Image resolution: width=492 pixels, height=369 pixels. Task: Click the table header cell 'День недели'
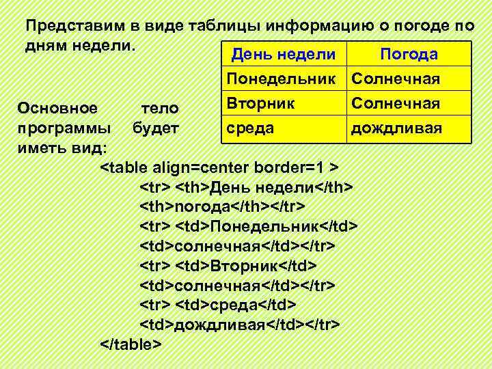pos(284,55)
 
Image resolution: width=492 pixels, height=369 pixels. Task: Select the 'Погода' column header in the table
pos(409,55)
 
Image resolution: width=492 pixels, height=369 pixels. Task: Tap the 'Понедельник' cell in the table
pos(284,79)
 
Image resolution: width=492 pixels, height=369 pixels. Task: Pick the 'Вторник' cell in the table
pos(262,104)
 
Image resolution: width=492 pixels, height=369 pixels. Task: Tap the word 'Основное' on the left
pos(57,108)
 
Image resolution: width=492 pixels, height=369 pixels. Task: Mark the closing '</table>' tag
pos(131,343)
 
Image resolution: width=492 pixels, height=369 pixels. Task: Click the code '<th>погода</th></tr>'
pos(222,206)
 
